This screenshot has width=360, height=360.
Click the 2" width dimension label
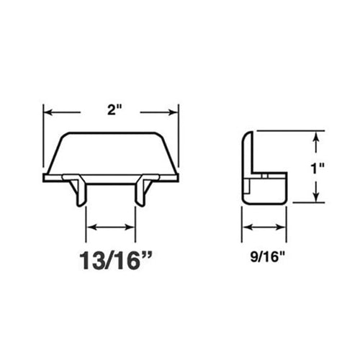(111, 111)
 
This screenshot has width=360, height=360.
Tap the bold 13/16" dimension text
(111, 259)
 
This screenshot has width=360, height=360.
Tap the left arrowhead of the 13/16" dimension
(90, 228)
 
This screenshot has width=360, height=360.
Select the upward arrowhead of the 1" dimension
(315, 135)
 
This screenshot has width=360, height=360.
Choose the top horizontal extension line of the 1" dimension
(288, 131)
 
